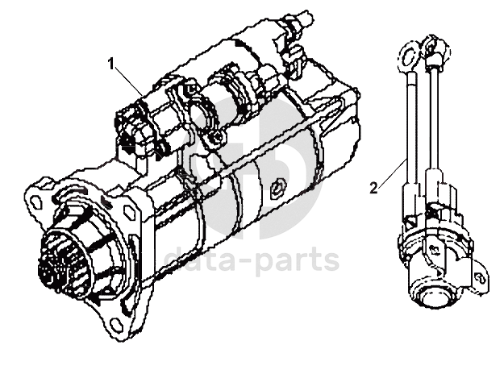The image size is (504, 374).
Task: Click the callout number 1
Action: click(x=112, y=62)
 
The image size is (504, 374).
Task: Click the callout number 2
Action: click(x=373, y=189)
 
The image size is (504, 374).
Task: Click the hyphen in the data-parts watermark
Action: click(x=246, y=260)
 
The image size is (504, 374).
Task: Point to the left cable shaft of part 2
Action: click(x=410, y=121)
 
